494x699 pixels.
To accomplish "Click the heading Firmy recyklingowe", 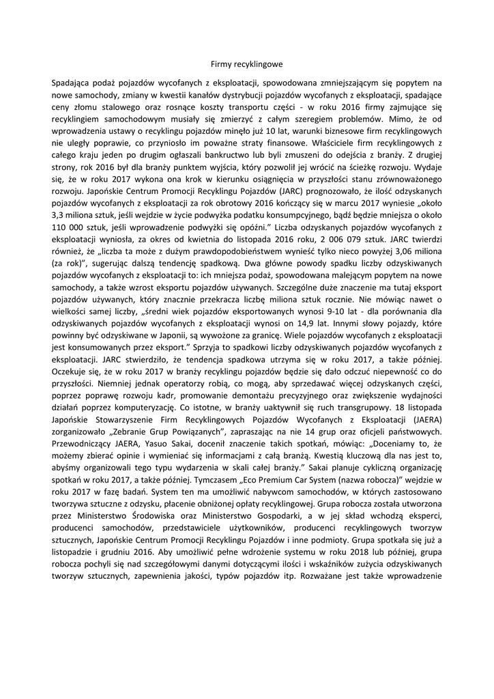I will [x=246, y=64].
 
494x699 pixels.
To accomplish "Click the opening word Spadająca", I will [x=72, y=83].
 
